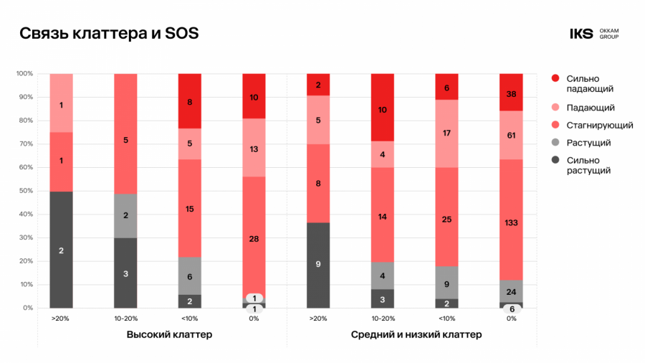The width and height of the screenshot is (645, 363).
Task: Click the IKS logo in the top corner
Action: (581, 34)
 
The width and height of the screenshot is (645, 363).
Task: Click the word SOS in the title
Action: (182, 34)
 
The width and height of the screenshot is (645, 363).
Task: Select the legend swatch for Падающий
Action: (555, 108)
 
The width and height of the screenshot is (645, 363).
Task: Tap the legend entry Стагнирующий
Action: (599, 125)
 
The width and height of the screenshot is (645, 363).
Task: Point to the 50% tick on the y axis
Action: (25, 191)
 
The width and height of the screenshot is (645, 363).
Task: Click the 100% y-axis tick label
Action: (24, 74)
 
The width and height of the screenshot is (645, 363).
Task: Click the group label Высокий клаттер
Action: (169, 335)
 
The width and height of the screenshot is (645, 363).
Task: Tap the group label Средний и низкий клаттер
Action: (416, 335)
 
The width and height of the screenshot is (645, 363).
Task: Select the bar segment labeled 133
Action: (511, 223)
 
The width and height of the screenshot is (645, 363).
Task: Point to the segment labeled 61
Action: (511, 135)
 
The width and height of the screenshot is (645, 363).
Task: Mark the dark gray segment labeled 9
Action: (318, 265)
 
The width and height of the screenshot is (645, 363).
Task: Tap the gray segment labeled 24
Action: (511, 291)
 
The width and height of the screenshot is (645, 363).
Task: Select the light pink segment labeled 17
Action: (446, 133)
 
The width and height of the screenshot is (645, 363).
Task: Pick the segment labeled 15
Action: (190, 209)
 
